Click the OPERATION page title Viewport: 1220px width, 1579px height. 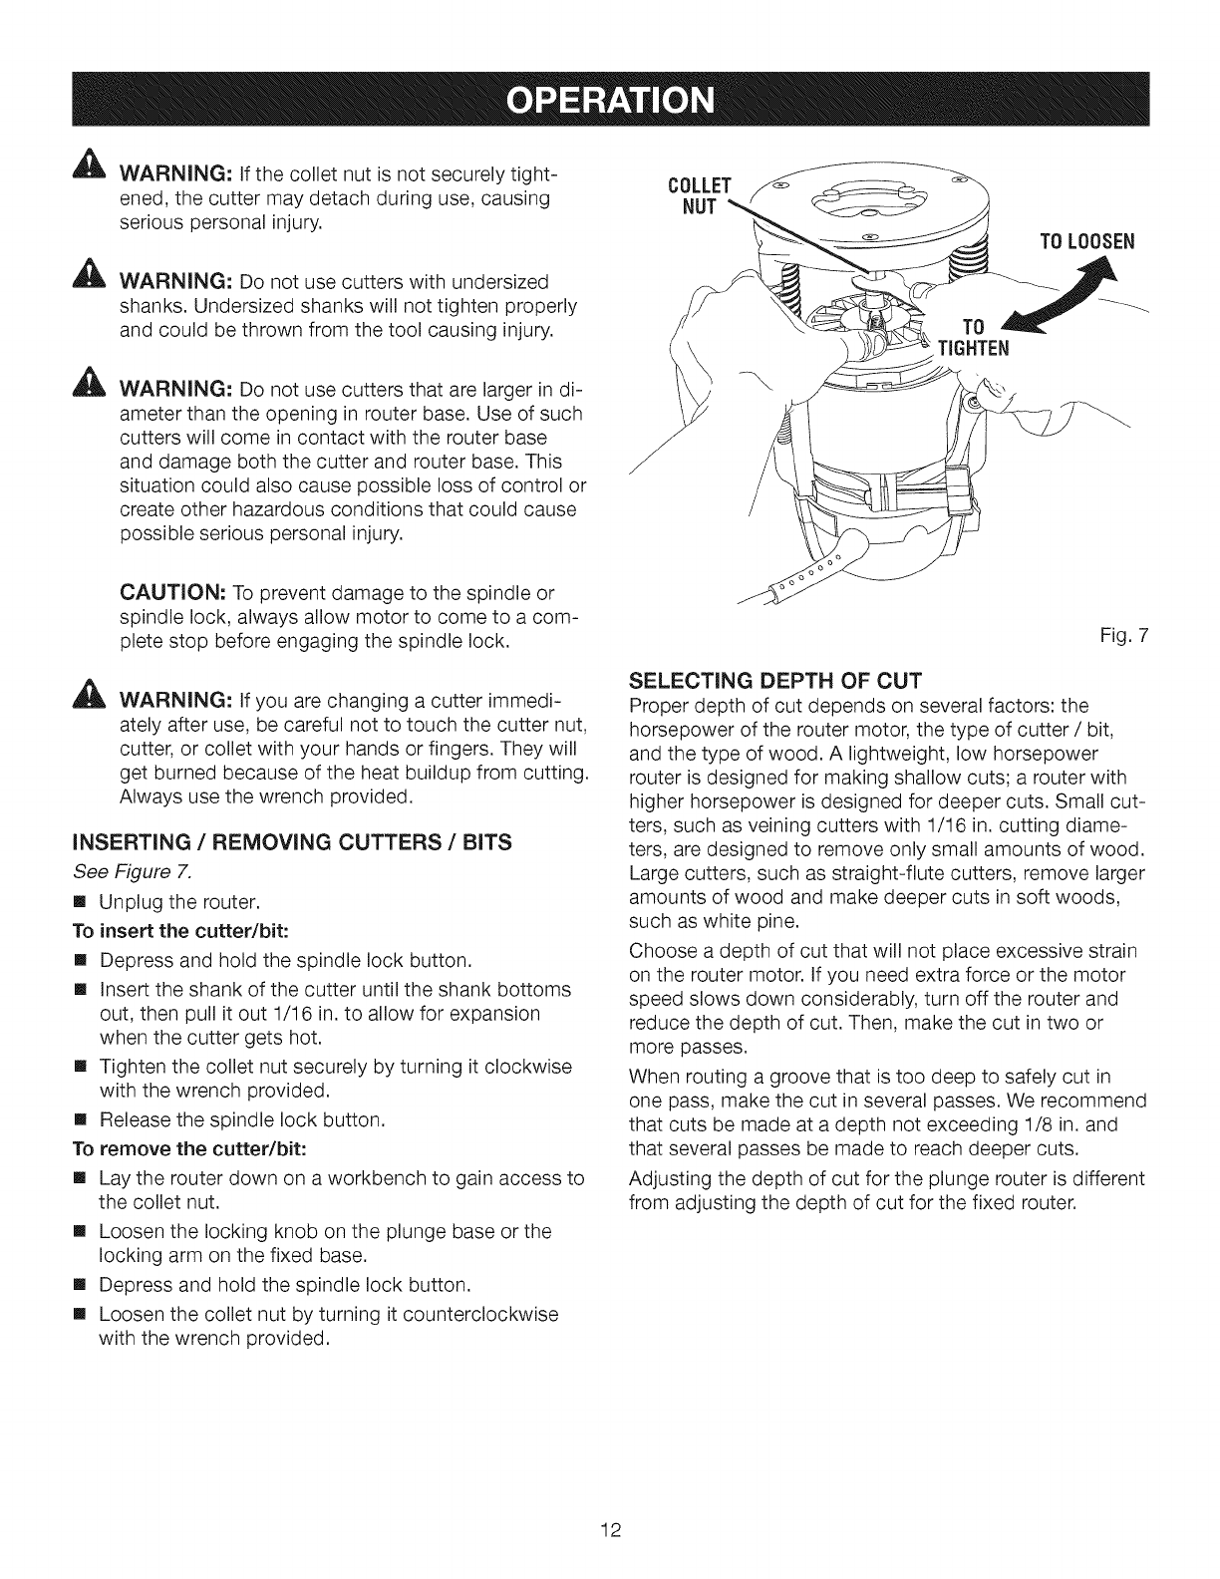[x=610, y=101]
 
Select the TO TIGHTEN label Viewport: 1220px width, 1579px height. [x=973, y=336]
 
